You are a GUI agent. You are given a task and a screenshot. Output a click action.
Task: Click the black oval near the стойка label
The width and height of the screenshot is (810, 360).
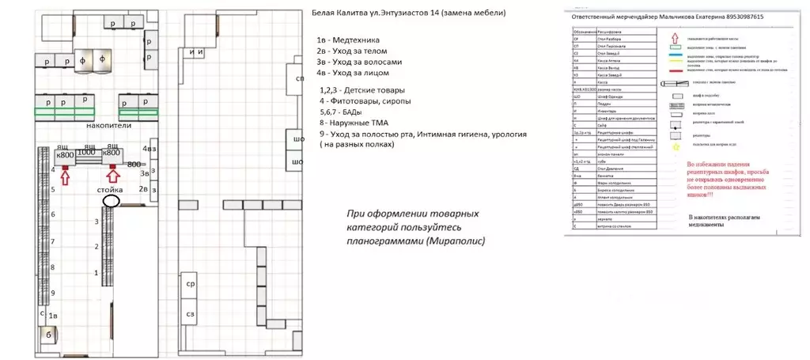pos(111,201)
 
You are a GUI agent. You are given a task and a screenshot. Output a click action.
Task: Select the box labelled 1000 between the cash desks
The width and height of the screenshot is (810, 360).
pos(86,153)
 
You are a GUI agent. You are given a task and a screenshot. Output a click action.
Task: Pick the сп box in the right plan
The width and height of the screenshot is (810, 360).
pos(299,79)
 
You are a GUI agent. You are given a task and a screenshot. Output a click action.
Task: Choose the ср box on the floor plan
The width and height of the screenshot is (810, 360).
pos(191,282)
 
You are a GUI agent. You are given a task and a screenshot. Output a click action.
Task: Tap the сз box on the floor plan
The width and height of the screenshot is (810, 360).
pos(191,315)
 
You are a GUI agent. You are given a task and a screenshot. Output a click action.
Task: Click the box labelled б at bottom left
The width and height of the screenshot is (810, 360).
pos(49,335)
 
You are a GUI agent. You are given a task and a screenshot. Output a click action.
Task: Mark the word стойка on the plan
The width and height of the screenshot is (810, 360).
pos(110,191)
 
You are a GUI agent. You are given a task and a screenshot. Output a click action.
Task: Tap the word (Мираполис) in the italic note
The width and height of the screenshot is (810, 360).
pos(456,241)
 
